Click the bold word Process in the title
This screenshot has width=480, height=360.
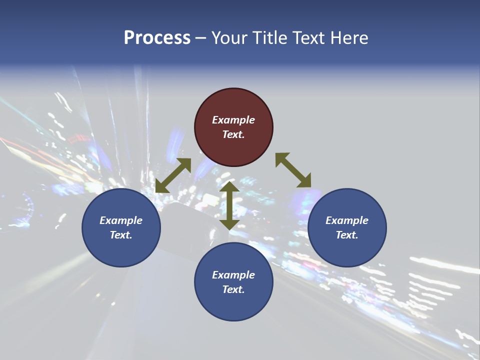[x=157, y=38]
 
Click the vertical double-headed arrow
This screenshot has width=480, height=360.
[x=229, y=205]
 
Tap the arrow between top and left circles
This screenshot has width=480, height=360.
[x=173, y=175]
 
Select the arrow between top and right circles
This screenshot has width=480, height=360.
[x=293, y=170]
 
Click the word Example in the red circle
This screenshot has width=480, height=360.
[x=233, y=120]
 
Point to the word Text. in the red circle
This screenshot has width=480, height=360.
[x=233, y=134]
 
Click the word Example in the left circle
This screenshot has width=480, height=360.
[x=121, y=220]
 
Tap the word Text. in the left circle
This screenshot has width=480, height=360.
[x=121, y=235]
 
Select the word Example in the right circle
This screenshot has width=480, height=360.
[x=347, y=220]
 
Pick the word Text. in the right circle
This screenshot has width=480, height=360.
[x=347, y=235]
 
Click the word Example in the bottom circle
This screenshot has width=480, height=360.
[x=233, y=275]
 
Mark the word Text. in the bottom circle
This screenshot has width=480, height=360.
[x=233, y=289]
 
